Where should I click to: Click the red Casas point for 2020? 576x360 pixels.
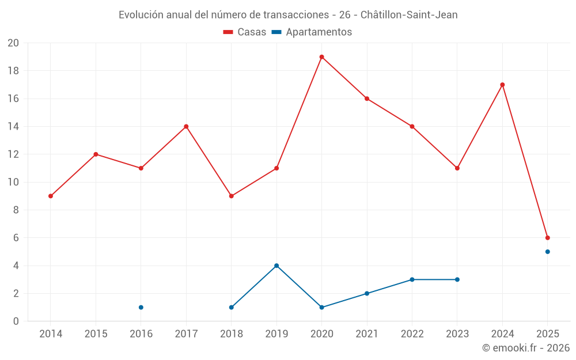pyautogui.click(x=321, y=57)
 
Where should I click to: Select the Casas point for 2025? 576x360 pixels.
pyautogui.click(x=547, y=238)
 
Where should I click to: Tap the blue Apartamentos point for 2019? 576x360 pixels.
pyautogui.click(x=276, y=266)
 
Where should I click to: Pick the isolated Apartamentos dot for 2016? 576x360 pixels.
pyautogui.click(x=141, y=308)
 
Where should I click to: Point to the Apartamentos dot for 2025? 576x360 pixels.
pyautogui.click(x=547, y=252)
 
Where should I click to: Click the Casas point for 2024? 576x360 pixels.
pyautogui.click(x=502, y=85)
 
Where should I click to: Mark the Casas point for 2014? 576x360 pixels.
pyautogui.click(x=51, y=196)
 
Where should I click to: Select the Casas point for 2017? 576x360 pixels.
pyautogui.click(x=186, y=127)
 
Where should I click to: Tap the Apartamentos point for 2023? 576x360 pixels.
pyautogui.click(x=457, y=279)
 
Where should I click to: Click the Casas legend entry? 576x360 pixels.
pyautogui.click(x=245, y=32)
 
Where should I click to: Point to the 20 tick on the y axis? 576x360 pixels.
pyautogui.click(x=13, y=43)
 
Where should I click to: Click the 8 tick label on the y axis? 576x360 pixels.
pyautogui.click(x=16, y=210)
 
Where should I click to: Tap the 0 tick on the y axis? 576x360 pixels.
pyautogui.click(x=16, y=321)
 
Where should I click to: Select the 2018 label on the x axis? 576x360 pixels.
pyautogui.click(x=231, y=334)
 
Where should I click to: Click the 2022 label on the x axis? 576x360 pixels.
pyautogui.click(x=412, y=334)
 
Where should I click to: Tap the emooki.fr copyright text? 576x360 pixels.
pyautogui.click(x=525, y=348)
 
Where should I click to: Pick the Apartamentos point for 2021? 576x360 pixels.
pyautogui.click(x=367, y=294)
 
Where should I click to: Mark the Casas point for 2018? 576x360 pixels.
pyautogui.click(x=231, y=196)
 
